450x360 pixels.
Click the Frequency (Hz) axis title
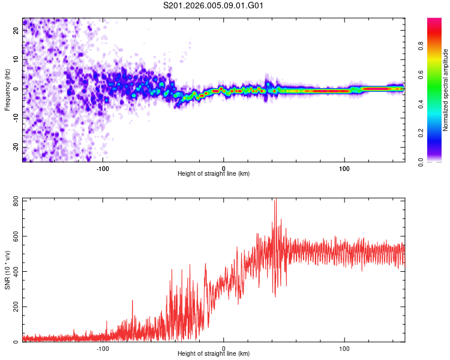7,89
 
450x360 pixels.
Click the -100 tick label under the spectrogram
103,168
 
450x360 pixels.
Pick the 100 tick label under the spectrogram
344,168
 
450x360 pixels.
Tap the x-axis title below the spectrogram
214,174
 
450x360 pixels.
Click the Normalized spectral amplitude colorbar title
445,90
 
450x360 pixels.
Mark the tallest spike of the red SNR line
275,200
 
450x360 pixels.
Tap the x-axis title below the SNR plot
214,354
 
